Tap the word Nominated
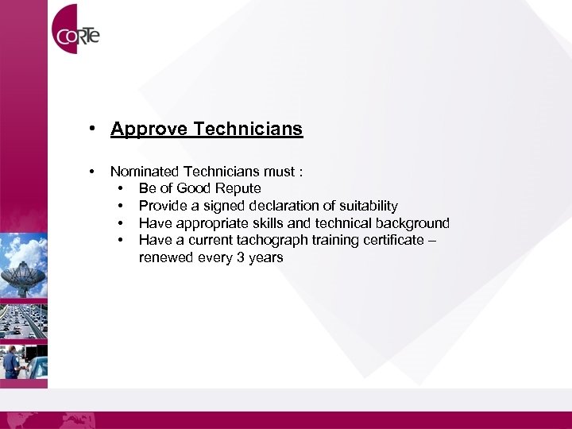pos(145,171)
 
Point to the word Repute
pos(237,188)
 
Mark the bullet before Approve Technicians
pos(93,129)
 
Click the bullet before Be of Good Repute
pos(120,188)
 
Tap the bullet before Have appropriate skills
pos(120,223)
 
